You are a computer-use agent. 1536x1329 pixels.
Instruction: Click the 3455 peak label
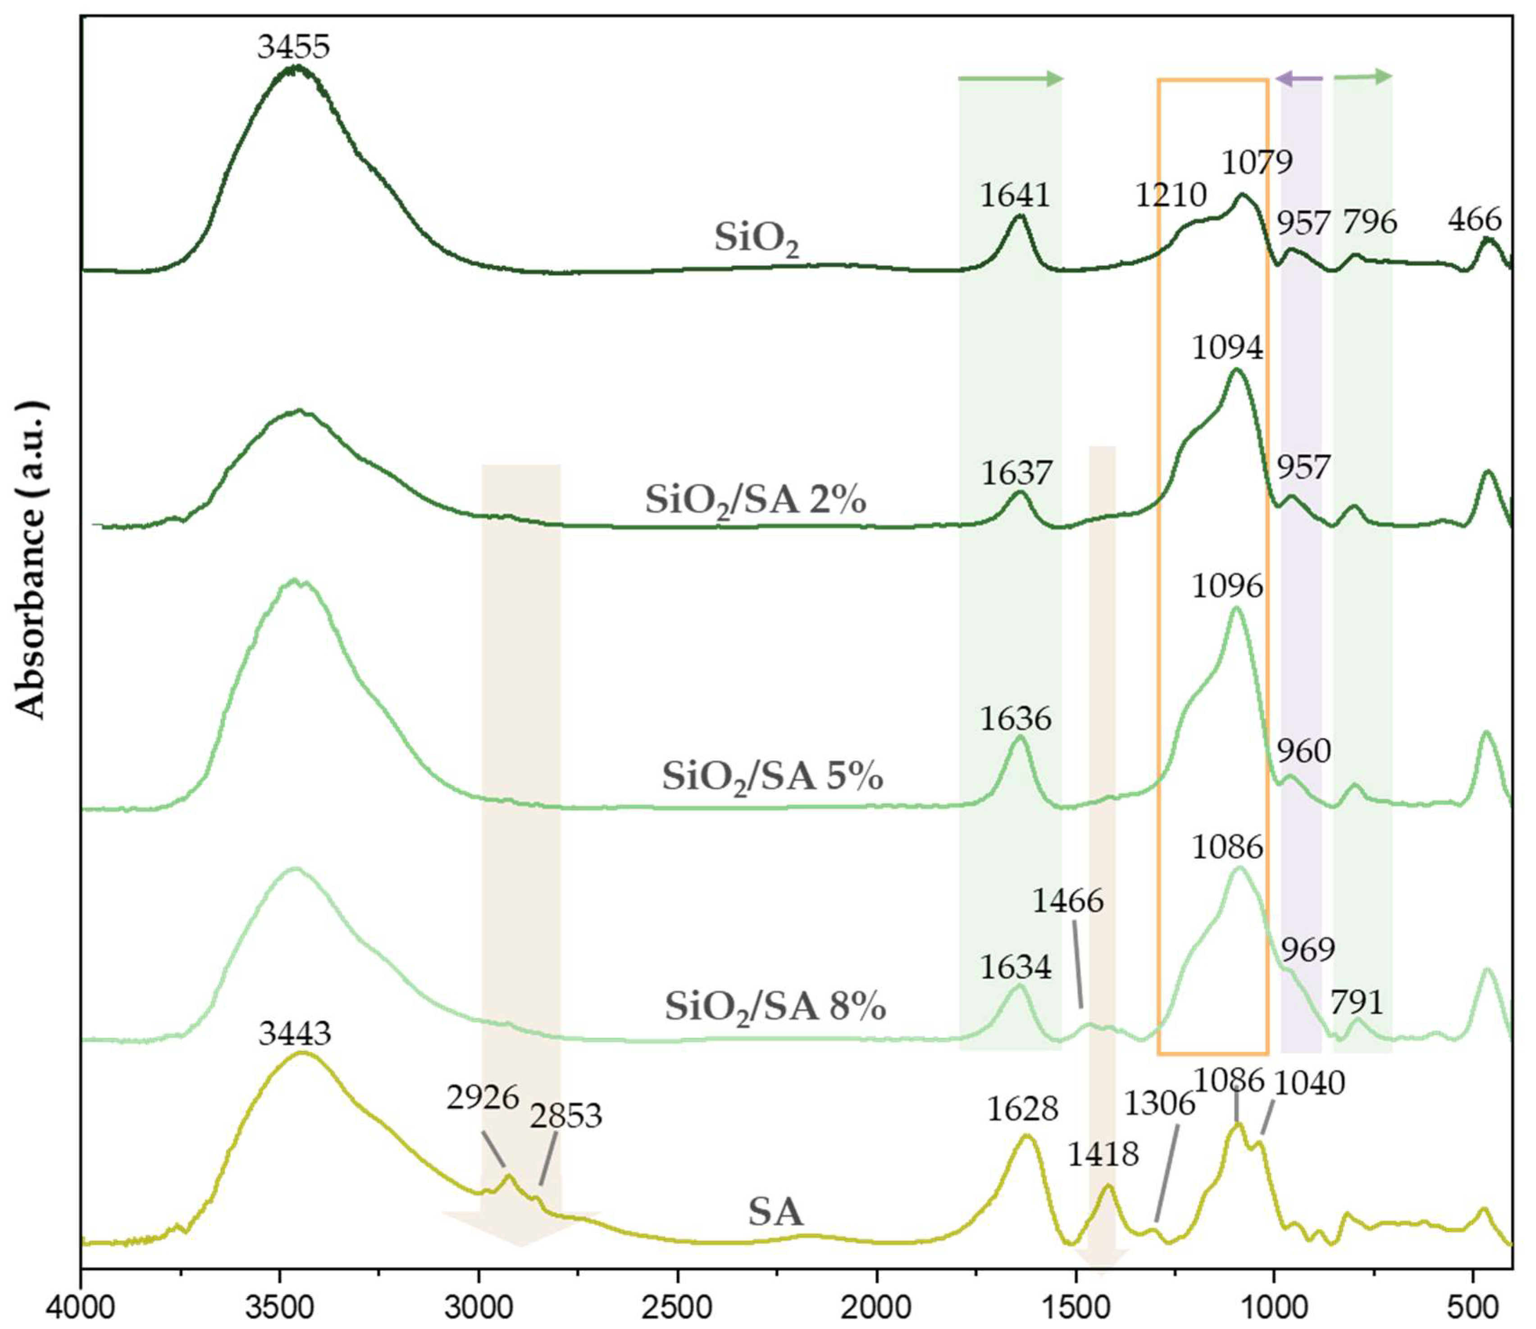[294, 47]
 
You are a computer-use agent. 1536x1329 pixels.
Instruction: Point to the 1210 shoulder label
[1171, 196]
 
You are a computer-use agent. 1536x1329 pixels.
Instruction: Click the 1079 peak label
[1257, 162]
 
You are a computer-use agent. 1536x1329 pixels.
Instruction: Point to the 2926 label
[483, 1098]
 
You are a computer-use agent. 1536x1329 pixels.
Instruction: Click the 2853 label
[565, 1115]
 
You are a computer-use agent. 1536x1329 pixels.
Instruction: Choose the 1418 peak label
[1103, 1155]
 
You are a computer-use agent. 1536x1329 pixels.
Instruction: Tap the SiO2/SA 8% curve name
[775, 1007]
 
